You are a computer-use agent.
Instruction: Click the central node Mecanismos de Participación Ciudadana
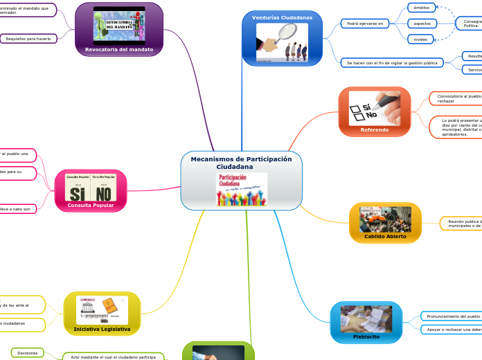pos(241,163)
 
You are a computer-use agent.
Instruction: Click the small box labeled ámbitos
pos(420,8)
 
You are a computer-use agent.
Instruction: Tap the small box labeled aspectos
pos(421,24)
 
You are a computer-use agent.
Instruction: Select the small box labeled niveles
pos(420,39)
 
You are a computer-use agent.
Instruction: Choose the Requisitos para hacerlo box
pos(28,39)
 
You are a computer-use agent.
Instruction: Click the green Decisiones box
pos(28,352)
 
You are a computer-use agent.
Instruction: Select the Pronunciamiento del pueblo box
pos(452,316)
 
